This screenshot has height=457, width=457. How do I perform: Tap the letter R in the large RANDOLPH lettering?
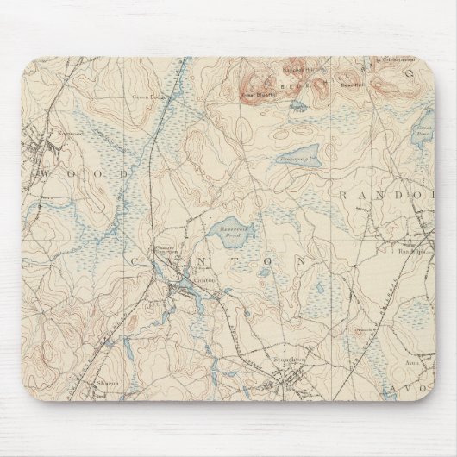click(x=342, y=197)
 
